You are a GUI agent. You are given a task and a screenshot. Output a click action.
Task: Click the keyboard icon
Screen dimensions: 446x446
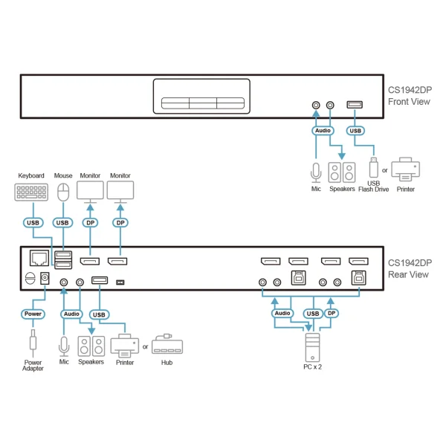click(31, 192)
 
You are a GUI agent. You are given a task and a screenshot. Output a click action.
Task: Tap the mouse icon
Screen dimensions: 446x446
click(63, 192)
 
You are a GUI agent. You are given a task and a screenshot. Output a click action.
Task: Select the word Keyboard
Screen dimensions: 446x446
click(31, 176)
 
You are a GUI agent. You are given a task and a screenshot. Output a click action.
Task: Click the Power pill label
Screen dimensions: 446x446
click(33, 314)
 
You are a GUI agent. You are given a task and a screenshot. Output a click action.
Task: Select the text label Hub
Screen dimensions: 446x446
click(167, 363)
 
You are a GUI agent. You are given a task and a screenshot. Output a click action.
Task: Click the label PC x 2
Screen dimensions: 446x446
click(312, 366)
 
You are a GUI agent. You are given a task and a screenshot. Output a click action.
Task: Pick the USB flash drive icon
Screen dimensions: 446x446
click(373, 168)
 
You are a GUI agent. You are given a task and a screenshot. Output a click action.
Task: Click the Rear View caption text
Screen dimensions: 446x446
click(408, 268)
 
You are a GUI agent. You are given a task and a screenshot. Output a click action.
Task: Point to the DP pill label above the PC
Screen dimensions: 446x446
click(332, 314)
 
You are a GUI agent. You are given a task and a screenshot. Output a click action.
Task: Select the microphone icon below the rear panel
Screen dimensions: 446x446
click(64, 346)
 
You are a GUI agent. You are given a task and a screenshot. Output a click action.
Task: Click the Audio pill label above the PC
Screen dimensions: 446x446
click(282, 314)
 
